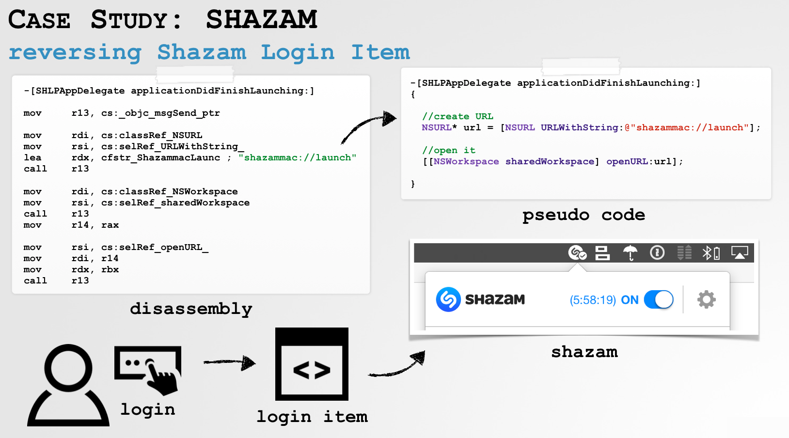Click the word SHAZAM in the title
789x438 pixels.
click(x=262, y=19)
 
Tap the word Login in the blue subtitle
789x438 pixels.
click(x=298, y=52)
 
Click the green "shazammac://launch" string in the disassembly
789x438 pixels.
click(x=298, y=157)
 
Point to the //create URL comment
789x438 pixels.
click(x=458, y=116)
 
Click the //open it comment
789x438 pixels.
click(x=448, y=150)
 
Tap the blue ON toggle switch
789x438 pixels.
click(x=659, y=299)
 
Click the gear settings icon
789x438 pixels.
click(x=706, y=299)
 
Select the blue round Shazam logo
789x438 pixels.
click(x=448, y=299)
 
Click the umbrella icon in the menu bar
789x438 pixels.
click(x=630, y=252)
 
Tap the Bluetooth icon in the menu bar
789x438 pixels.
click(x=708, y=252)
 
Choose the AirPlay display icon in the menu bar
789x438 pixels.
click(x=740, y=252)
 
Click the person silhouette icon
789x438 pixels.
click(x=68, y=385)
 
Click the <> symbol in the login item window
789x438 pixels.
click(x=312, y=371)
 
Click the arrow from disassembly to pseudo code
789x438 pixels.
click(x=368, y=126)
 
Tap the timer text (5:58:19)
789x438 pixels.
click(x=593, y=300)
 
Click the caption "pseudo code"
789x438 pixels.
click(x=584, y=215)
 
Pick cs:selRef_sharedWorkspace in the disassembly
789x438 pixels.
click(x=175, y=203)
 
